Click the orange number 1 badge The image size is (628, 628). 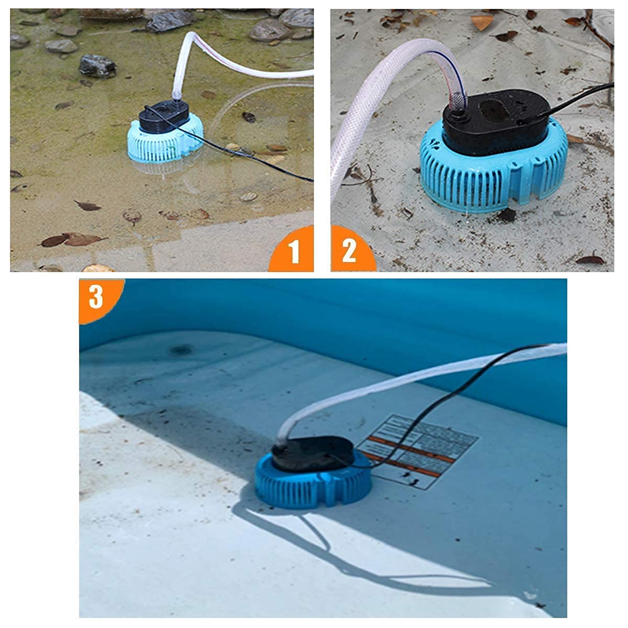point(295,252)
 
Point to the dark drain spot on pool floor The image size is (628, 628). point(181,349)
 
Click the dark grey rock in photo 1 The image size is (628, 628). point(97,65)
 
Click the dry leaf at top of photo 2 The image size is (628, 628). point(482,22)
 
